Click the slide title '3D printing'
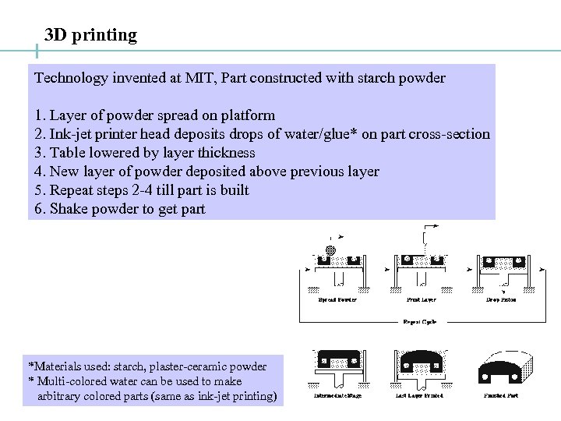click(90, 35)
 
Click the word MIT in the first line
click(199, 78)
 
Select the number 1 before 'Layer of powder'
click(38, 115)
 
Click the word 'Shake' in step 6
click(69, 209)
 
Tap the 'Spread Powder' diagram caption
click(337, 299)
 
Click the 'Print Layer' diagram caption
click(422, 299)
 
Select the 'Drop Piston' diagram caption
click(501, 299)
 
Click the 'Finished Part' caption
click(502, 396)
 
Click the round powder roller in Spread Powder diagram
click(330, 250)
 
